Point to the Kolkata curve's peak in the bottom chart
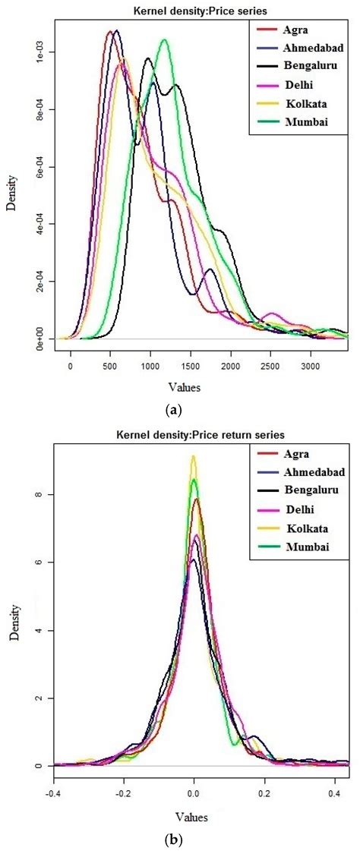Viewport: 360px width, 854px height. [193, 456]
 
